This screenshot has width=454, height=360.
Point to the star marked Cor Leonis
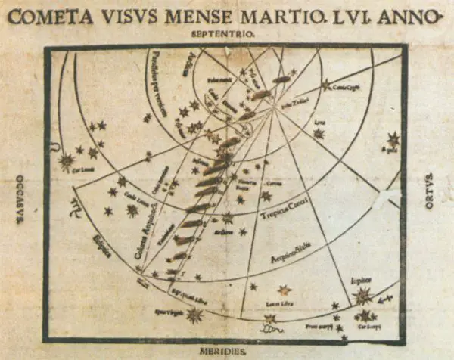(67, 161)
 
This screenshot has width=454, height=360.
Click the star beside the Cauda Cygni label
(327, 85)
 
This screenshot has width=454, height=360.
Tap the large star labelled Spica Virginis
(194, 314)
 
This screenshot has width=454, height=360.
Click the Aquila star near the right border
(393, 139)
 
